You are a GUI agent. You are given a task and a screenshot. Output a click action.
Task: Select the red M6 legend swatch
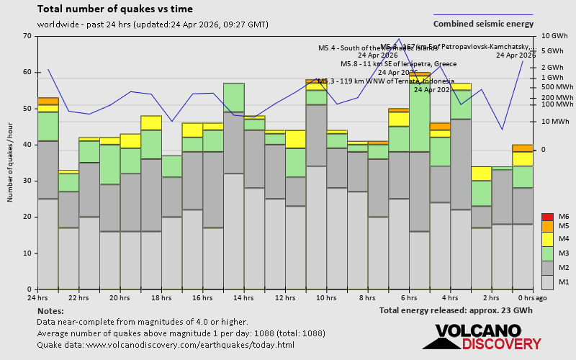(547, 217)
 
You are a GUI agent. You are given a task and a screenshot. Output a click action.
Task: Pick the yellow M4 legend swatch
(547, 238)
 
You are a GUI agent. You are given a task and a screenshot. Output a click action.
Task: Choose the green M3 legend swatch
(547, 253)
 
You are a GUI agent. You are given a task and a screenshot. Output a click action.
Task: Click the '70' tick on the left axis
(27, 36)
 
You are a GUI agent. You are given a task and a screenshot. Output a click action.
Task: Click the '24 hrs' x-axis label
(38, 298)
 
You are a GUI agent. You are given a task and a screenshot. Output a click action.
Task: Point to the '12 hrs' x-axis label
(285, 298)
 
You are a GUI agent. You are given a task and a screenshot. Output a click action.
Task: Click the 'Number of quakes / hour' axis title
(11, 163)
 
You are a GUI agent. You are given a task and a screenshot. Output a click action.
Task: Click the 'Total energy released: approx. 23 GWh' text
(456, 310)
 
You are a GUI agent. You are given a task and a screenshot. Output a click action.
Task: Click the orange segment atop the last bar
(523, 148)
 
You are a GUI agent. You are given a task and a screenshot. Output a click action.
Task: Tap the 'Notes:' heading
(50, 310)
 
